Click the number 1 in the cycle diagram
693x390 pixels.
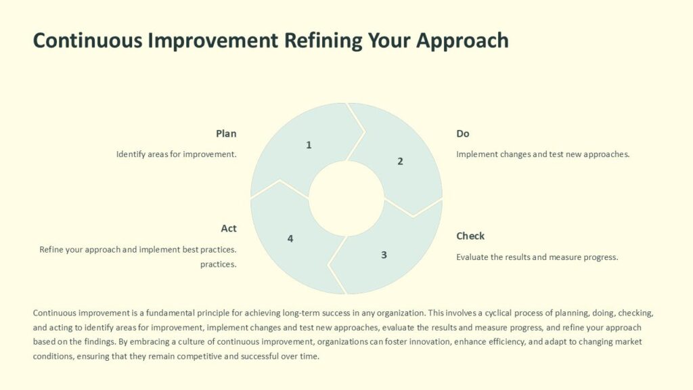pyautogui.click(x=309, y=145)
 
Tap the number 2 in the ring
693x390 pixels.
pyautogui.click(x=400, y=161)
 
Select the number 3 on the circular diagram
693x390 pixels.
pyautogui.click(x=384, y=255)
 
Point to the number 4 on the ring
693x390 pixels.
pyautogui.click(x=290, y=238)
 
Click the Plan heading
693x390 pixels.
pyautogui.click(x=226, y=133)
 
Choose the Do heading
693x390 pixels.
pyautogui.click(x=463, y=133)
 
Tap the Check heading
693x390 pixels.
pyautogui.click(x=470, y=236)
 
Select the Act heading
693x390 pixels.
pyautogui.click(x=229, y=228)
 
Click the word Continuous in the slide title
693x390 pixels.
pyautogui.click(x=89, y=40)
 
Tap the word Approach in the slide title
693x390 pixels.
pyautogui.click(x=462, y=40)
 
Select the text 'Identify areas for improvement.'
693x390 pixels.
pyautogui.click(x=177, y=154)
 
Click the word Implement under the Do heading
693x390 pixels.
pyautogui.click(x=477, y=154)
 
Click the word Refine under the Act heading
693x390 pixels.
pyautogui.click(x=52, y=249)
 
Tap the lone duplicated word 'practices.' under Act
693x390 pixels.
pyautogui.click(x=218, y=264)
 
